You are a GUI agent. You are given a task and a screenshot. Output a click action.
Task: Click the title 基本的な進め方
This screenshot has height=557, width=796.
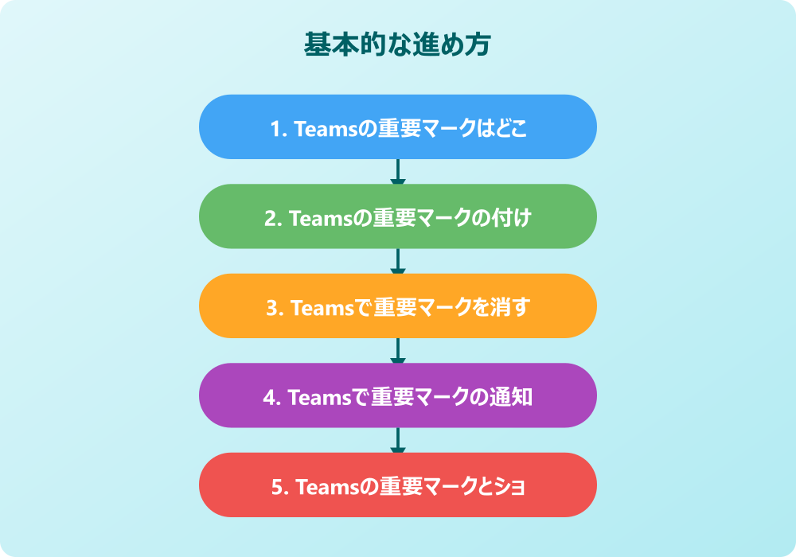[397, 44]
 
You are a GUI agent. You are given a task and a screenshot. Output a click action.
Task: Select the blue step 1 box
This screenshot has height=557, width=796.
[397, 127]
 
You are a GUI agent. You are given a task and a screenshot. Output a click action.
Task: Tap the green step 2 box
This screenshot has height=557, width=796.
[397, 216]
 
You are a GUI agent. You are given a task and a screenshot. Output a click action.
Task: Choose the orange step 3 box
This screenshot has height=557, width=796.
[397, 306]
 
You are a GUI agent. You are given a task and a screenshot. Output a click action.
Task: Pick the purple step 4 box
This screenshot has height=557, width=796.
[397, 395]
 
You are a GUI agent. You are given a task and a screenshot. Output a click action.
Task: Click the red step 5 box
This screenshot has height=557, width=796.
[397, 485]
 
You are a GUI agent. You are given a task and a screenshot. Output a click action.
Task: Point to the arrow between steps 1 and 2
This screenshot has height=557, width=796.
[397, 171]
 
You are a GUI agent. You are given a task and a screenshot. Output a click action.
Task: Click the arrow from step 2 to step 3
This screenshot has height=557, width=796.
[397, 261]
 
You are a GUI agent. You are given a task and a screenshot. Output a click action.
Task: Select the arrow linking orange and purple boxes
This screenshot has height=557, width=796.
[397, 351]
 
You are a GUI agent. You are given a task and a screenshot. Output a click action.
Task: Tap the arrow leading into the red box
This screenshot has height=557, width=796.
[397, 440]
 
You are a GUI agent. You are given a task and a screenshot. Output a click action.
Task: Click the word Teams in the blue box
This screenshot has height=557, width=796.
[326, 130]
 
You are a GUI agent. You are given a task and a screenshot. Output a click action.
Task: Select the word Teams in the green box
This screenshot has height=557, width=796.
[321, 219]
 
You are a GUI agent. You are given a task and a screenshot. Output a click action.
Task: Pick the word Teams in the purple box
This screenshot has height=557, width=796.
[320, 398]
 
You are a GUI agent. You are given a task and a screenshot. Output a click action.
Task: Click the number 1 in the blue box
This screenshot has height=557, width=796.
[275, 130]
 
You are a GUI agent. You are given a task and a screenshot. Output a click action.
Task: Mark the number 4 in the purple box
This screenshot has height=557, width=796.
[268, 398]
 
